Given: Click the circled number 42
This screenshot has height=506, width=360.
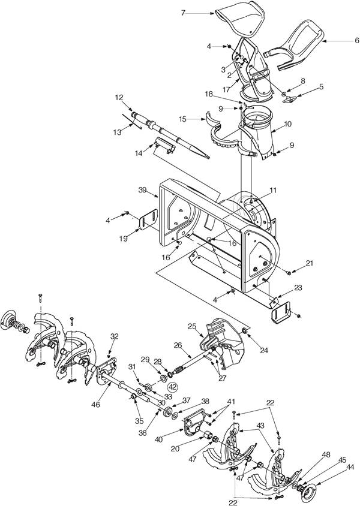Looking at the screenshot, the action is point(173,387).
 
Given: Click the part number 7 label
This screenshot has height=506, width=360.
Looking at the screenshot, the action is point(183,13).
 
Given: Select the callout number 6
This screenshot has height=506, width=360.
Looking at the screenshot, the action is point(356,41).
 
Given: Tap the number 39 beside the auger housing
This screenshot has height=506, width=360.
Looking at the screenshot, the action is point(142,190).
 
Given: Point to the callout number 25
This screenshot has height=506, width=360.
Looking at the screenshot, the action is point(192,327).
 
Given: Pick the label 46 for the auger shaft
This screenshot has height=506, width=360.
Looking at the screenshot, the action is point(96,404).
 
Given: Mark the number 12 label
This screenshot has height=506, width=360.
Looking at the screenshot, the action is point(119,97).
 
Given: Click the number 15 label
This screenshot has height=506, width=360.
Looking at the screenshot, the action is point(182,119).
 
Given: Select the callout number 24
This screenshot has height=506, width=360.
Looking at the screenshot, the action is point(264,350).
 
